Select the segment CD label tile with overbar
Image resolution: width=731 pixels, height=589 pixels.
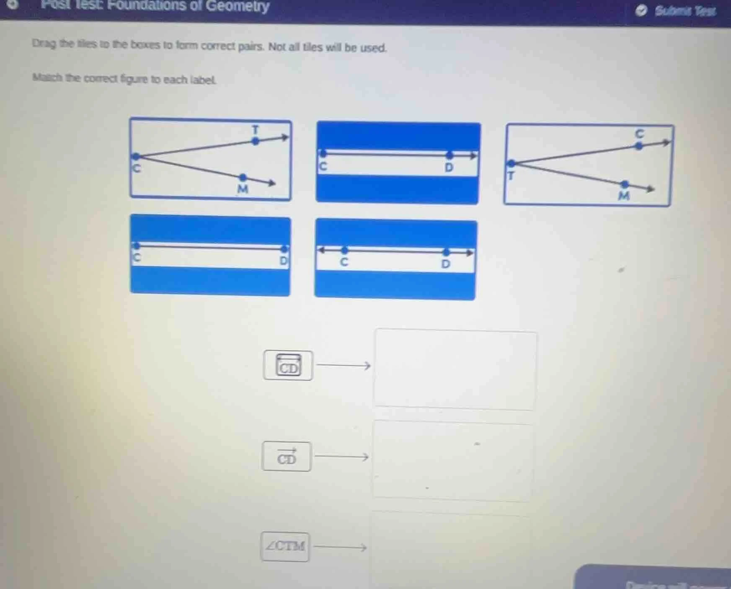288,365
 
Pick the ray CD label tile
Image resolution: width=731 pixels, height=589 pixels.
287,456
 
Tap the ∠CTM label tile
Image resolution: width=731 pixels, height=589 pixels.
285,547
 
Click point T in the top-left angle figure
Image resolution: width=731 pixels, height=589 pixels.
255,142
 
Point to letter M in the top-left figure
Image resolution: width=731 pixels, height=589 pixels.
243,189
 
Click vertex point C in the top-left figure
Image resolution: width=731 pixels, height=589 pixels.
135,157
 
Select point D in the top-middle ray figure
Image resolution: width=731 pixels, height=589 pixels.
449,155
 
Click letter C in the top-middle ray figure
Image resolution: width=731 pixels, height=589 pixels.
322,167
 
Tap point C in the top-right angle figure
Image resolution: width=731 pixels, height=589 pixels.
638,146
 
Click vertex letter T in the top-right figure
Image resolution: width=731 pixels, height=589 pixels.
510,176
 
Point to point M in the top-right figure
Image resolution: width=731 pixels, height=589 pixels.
625,184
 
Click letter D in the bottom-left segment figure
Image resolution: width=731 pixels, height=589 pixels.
284,261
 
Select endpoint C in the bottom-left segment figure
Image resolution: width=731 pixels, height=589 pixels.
136,246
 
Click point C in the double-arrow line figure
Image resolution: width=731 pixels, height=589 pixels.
344,251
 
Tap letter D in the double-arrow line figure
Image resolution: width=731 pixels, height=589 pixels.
445,264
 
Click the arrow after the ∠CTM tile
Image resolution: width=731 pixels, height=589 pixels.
340,547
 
